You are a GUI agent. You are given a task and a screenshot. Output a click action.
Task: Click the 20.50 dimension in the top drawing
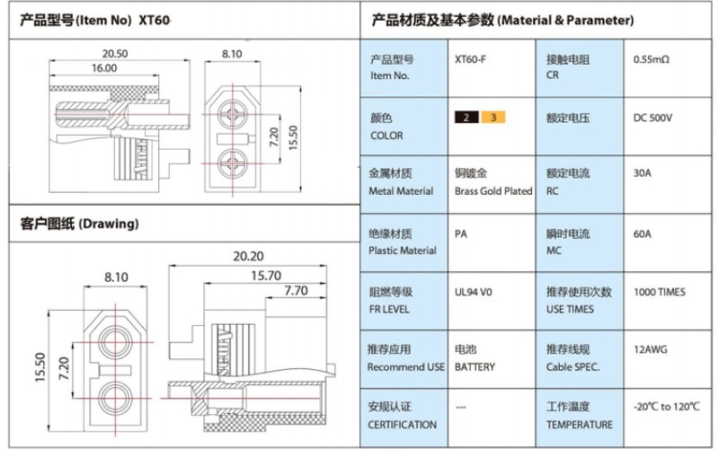[115, 54]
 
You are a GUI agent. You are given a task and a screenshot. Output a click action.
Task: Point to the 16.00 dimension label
[103, 68]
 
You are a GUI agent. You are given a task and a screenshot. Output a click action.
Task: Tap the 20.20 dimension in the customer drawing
[248, 257]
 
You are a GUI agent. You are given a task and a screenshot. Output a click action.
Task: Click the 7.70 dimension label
[295, 291]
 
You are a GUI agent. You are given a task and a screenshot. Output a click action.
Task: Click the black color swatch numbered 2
[466, 118]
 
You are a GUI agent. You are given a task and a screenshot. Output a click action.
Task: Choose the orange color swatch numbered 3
[493, 118]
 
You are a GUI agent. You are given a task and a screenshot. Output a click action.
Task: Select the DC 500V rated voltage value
[653, 118]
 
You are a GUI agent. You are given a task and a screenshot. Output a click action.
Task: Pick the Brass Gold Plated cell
[493, 190]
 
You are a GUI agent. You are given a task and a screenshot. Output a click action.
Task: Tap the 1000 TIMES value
[659, 292]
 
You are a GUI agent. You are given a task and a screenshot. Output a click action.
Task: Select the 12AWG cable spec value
[650, 349]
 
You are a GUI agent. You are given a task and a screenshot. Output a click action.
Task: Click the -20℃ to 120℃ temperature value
[667, 407]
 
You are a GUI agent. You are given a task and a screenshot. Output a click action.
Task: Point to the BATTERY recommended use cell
[475, 366]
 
